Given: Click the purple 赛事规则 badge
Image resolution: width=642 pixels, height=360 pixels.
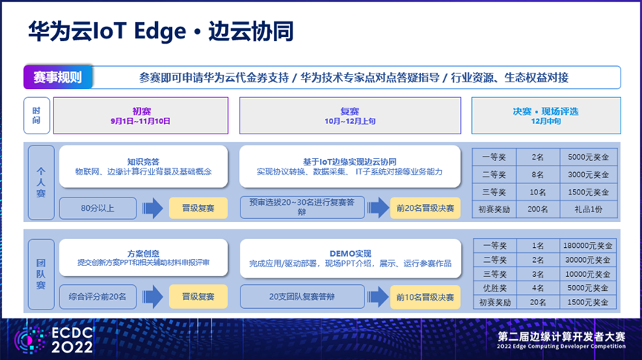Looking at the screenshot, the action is (x=58, y=77).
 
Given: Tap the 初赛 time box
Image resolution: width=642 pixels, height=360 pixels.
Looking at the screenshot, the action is (x=141, y=116).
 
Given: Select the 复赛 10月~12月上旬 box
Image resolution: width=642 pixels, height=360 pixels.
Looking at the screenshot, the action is (x=350, y=116).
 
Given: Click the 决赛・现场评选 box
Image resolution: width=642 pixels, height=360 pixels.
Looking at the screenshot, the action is (x=546, y=116).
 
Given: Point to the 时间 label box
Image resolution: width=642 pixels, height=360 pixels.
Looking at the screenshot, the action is (x=37, y=116).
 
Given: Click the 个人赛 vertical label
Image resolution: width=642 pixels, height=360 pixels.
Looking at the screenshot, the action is (x=41, y=183).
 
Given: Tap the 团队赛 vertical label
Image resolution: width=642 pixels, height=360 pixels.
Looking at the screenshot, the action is (x=41, y=275).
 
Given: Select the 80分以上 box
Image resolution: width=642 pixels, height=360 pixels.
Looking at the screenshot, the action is (x=98, y=208).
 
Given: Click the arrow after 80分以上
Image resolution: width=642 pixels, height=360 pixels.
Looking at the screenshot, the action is (x=153, y=208).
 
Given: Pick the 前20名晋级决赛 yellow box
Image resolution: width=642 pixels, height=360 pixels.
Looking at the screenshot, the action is (x=425, y=208).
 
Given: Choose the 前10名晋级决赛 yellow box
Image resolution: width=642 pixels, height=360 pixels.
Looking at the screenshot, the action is (x=425, y=297).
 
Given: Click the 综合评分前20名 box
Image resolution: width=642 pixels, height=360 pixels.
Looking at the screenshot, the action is (x=98, y=296).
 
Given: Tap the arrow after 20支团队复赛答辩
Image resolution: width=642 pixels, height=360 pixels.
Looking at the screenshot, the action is (x=378, y=297).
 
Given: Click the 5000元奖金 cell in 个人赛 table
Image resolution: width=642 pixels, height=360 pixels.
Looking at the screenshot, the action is (x=589, y=157).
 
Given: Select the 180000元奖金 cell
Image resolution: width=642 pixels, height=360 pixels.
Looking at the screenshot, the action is (x=588, y=246).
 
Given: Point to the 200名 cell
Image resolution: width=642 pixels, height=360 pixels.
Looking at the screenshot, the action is (x=538, y=209).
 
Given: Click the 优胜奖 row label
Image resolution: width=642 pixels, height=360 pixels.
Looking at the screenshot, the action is (x=495, y=288).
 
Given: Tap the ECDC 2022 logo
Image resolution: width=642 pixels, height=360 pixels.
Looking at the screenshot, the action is (x=53, y=340).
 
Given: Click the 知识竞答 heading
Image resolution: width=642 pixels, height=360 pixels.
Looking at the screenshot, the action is (x=143, y=162).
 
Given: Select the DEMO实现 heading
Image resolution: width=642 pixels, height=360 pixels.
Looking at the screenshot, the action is (x=350, y=254).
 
